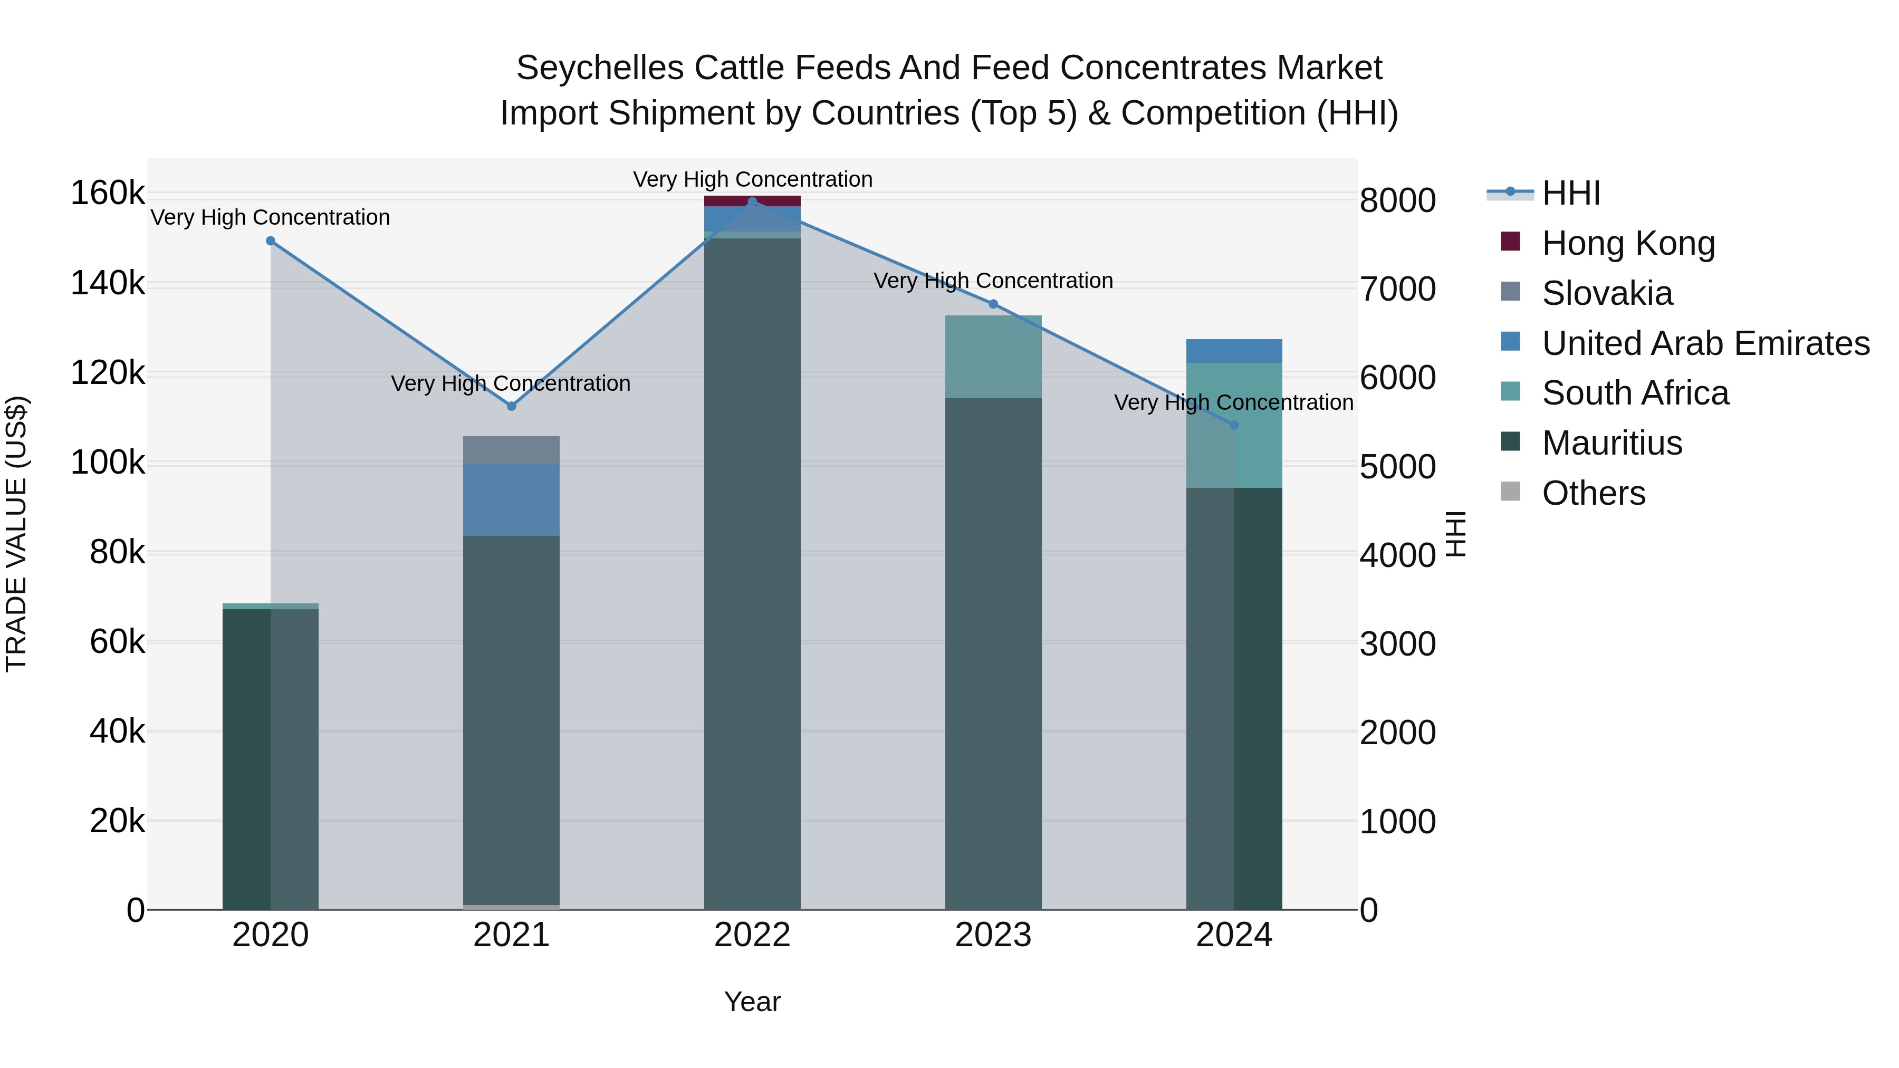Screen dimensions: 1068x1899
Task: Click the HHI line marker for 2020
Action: tap(271, 241)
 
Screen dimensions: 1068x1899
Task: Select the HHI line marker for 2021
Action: tap(512, 406)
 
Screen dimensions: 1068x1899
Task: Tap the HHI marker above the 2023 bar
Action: tap(993, 304)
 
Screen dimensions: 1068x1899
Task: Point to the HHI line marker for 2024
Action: tap(1234, 425)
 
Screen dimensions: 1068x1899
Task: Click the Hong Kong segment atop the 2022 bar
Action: tap(752, 200)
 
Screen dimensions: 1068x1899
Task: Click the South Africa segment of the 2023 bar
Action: tap(993, 357)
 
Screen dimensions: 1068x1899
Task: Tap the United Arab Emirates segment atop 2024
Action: tap(1234, 351)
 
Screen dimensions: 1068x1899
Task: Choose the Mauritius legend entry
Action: tap(1612, 443)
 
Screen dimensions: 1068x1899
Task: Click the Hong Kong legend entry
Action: tap(1628, 243)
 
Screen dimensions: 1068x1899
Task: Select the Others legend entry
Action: tap(1593, 493)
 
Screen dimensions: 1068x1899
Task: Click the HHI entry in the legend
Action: tap(1570, 193)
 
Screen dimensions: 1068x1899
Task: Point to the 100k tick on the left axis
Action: tap(108, 463)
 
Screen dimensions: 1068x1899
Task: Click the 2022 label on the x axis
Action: tap(752, 935)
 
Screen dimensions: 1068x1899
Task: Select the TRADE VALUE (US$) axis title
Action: tap(17, 534)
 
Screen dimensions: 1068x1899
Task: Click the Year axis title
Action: tap(752, 1002)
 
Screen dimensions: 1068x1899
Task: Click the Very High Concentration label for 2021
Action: tap(510, 383)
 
